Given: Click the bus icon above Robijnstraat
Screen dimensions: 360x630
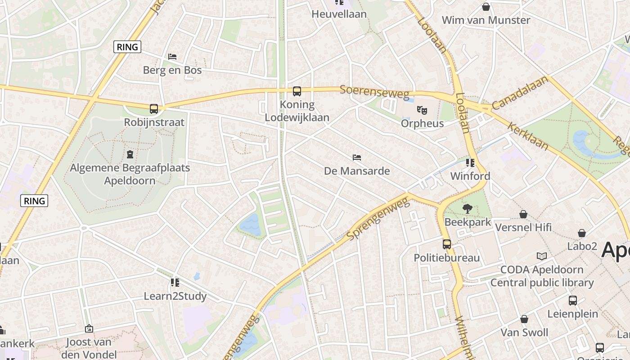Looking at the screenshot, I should [x=154, y=109].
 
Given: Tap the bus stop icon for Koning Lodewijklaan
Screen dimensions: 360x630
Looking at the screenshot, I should [x=297, y=91].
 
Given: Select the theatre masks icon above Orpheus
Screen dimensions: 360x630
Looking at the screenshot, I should [x=422, y=110].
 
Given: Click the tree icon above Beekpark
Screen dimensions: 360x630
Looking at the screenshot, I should [x=468, y=209].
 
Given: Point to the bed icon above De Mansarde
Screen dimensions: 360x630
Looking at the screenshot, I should [x=357, y=157].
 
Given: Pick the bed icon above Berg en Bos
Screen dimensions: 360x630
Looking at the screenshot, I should [x=172, y=57].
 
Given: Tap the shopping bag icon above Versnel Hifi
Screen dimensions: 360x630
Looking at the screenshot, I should [x=523, y=214].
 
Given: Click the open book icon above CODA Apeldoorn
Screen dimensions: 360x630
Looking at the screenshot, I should [x=542, y=256].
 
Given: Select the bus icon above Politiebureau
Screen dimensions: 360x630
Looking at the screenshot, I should [x=447, y=244].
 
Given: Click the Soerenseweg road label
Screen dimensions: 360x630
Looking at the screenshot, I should [x=374, y=92].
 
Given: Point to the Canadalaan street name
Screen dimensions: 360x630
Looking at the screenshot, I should [x=520, y=93].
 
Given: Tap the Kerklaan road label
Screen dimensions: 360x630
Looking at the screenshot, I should [x=528, y=136].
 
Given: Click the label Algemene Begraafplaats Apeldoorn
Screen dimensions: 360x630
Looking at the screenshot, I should [x=130, y=174].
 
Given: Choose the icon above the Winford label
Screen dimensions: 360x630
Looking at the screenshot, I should [x=470, y=162].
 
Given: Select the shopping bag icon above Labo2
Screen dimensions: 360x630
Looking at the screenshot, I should [x=582, y=233].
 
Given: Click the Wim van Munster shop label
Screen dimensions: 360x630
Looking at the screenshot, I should [x=486, y=20].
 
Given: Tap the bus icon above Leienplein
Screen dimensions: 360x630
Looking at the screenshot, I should [x=573, y=301].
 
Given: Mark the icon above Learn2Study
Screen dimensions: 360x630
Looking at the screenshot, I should [x=175, y=283].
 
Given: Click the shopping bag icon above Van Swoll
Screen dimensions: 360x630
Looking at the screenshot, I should [x=524, y=319].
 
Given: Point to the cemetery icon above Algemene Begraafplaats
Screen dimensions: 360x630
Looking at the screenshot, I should [x=130, y=155].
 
